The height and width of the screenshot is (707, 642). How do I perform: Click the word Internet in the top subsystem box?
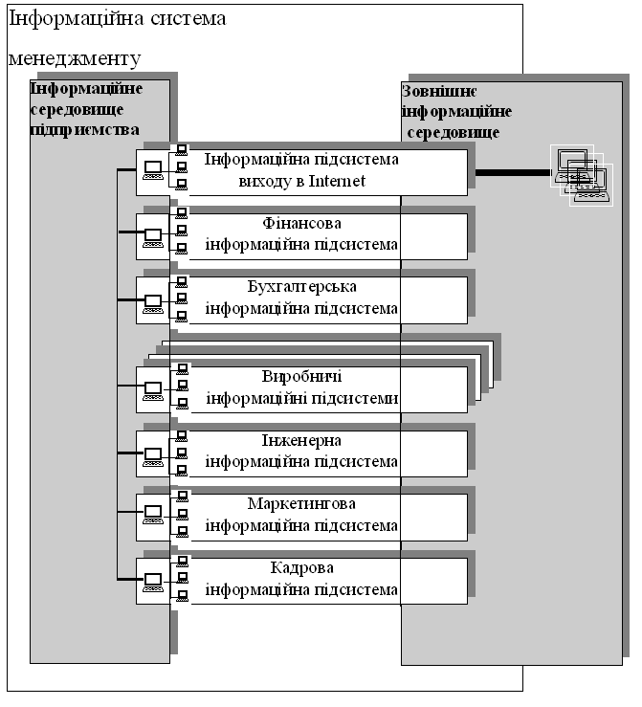pyautogui.click(x=337, y=181)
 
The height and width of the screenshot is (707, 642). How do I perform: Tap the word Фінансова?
pyautogui.click(x=301, y=223)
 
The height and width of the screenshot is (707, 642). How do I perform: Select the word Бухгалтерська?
pyautogui.click(x=301, y=287)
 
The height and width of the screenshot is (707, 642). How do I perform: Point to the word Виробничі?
pyautogui.click(x=301, y=377)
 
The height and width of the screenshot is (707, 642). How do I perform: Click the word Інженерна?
pyautogui.click(x=301, y=440)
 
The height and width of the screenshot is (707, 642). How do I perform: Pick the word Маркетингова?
pyautogui.click(x=301, y=503)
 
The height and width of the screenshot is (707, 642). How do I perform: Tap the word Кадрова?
pyautogui.click(x=301, y=567)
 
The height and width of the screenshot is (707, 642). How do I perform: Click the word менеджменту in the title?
pyautogui.click(x=75, y=59)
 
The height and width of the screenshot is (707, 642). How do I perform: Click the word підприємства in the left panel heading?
pyautogui.click(x=85, y=130)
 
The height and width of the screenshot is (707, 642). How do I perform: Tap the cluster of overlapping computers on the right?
pyautogui.click(x=582, y=175)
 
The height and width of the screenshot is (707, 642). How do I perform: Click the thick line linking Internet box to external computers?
pyautogui.click(x=513, y=173)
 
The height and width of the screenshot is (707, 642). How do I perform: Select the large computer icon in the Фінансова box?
pyautogui.click(x=153, y=238)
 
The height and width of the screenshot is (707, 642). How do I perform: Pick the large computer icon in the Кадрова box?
pyautogui.click(x=153, y=582)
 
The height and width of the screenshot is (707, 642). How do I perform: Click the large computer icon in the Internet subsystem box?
pyautogui.click(x=153, y=170)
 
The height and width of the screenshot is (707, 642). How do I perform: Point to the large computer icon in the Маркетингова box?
pyautogui.click(x=153, y=515)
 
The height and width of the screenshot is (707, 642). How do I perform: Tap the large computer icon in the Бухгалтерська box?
pyautogui.click(x=153, y=304)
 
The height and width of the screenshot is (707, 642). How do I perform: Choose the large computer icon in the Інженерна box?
pyautogui.click(x=153, y=456)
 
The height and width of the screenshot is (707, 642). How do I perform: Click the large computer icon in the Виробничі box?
pyautogui.click(x=153, y=390)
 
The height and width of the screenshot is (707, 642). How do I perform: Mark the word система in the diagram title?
pyautogui.click(x=188, y=19)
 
